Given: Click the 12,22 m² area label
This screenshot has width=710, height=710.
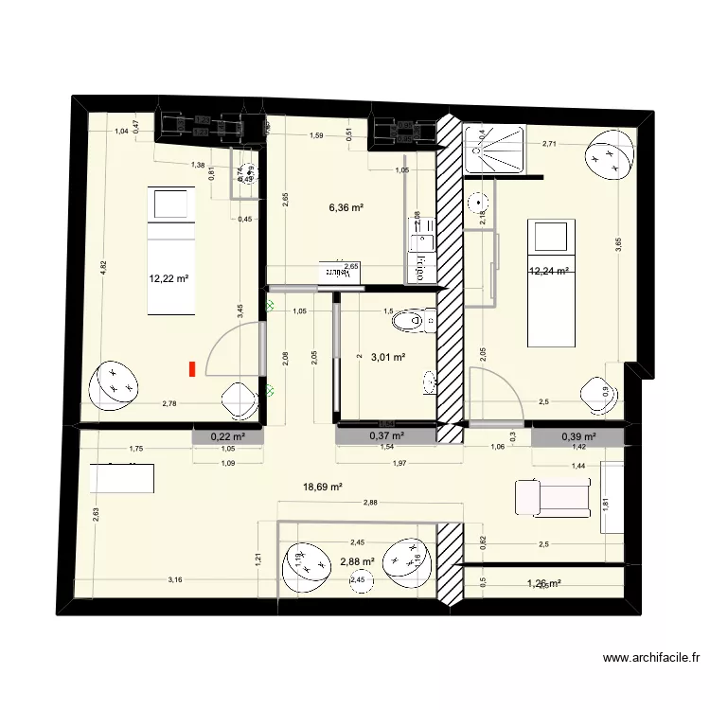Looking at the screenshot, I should coord(169,279).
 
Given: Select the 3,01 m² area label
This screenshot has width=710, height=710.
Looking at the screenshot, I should coord(387,358).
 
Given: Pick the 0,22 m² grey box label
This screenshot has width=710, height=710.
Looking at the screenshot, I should coord(226,436).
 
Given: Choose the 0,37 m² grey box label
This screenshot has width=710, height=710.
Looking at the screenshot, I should coord(386,436).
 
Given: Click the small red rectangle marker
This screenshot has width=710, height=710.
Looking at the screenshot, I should coord(192,369).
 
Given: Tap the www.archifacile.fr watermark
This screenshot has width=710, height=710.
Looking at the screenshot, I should coord(650,658).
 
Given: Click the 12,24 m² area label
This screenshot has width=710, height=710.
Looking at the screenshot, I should coord(548,271).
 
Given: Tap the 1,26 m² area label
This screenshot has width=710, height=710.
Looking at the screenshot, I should coord(543,584).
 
